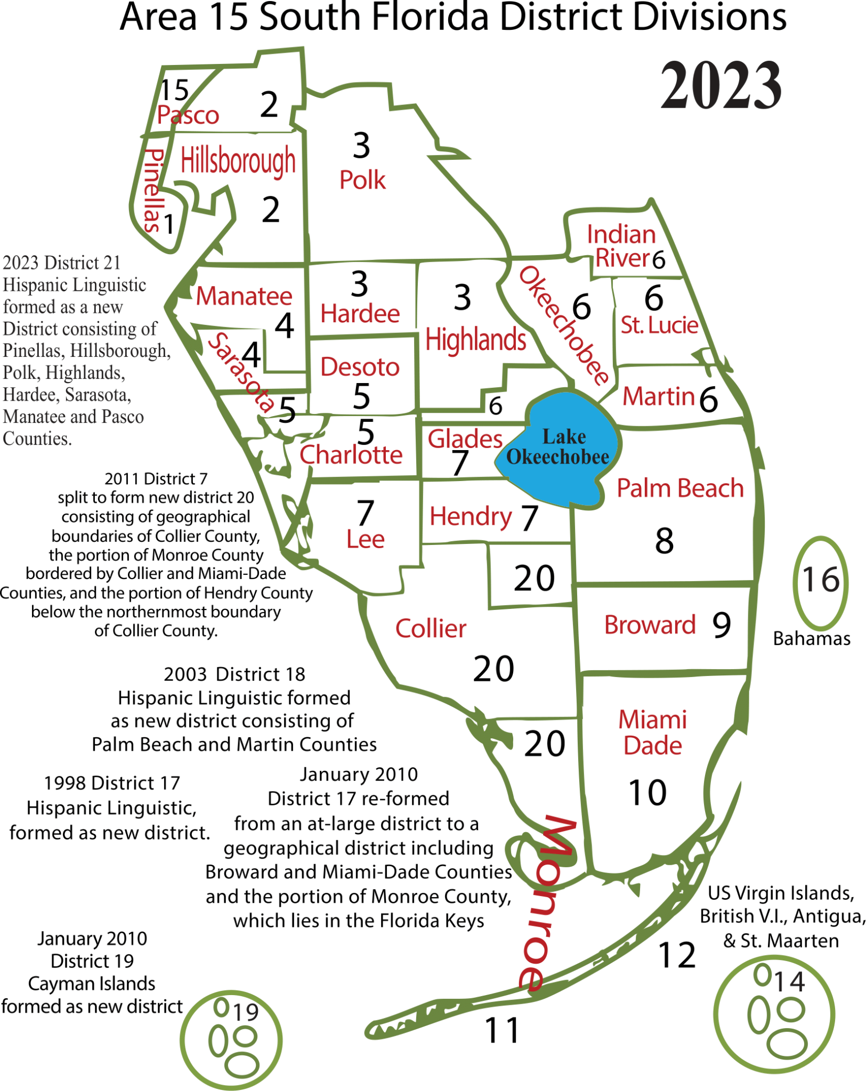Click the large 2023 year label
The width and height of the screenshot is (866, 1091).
tap(721, 85)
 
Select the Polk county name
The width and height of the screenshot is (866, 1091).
tap(362, 180)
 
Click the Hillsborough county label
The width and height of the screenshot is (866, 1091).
tap(238, 160)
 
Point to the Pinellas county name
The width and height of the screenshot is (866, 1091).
tap(153, 190)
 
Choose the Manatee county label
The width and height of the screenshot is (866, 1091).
tap(244, 296)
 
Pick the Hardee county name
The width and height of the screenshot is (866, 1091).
tap(360, 314)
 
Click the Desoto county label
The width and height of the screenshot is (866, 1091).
tap(360, 367)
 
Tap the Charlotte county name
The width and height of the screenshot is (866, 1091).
tap(351, 455)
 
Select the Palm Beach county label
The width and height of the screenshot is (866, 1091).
tap(680, 488)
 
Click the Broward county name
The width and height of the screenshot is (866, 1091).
tap(650, 625)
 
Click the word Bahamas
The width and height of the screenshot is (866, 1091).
tap(811, 638)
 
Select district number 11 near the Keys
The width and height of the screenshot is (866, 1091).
tap(502, 1030)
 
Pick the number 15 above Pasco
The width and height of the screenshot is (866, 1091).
tap(174, 89)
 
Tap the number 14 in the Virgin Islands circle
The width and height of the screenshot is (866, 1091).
tap(789, 981)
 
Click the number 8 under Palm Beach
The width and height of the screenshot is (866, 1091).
tap(664, 541)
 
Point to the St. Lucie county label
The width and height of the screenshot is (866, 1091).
tap(659, 325)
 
